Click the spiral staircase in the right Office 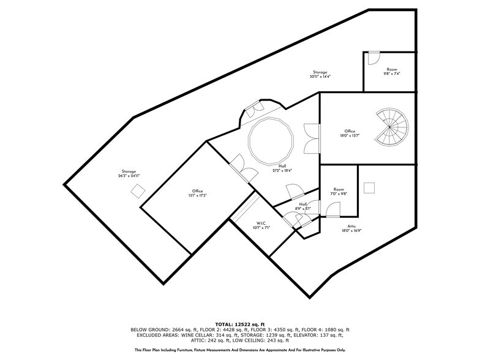[x=391, y=127]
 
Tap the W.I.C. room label [x=260, y=225]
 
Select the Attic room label [x=351, y=228]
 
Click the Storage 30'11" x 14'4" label [x=320, y=75]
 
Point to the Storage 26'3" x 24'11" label [x=129, y=173]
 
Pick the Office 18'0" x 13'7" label [x=350, y=133]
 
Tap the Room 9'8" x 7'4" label [x=391, y=72]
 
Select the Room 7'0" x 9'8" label [x=339, y=192]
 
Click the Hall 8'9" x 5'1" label [x=303, y=206]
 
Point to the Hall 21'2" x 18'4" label [x=283, y=168]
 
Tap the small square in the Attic [x=369, y=187]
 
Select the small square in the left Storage [x=138, y=191]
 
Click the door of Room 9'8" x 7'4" [x=372, y=58]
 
